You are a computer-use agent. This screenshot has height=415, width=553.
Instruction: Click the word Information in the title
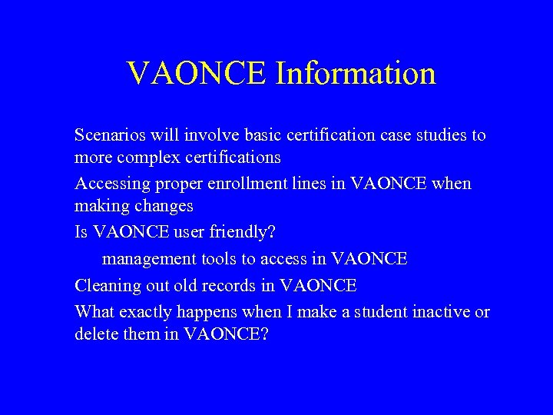click(x=356, y=74)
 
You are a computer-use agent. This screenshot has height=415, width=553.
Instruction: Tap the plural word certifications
click(x=233, y=158)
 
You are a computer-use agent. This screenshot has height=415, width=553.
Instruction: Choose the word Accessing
click(x=108, y=184)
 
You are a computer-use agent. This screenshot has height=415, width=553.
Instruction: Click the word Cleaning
click(x=104, y=286)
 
